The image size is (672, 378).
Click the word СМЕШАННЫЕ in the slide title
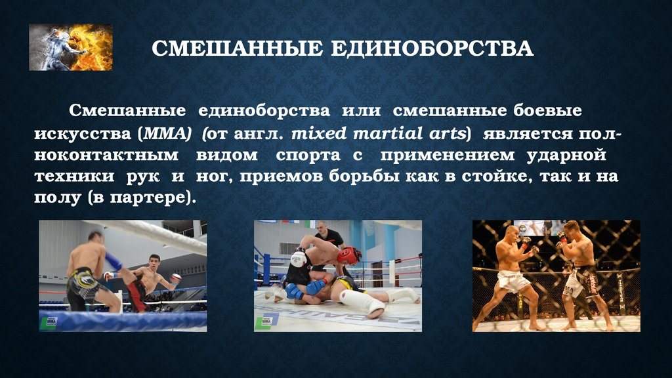click(237, 48)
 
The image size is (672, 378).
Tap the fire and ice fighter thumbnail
click(71, 47)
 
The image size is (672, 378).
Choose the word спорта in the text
click(308, 156)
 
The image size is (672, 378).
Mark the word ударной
click(566, 155)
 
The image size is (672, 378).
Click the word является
click(528, 134)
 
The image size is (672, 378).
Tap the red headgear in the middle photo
click(348, 255)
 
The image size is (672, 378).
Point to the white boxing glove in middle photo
click(299, 258)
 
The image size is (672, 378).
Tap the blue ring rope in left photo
click(123, 320)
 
